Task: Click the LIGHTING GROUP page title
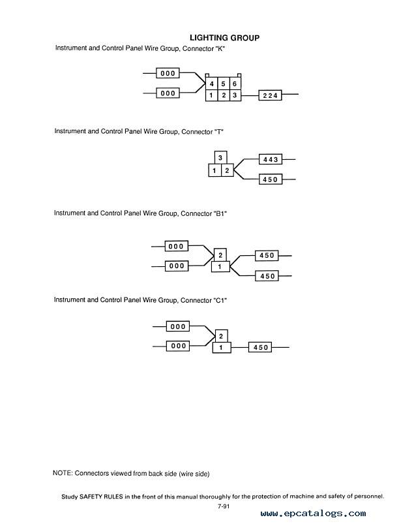point(224,38)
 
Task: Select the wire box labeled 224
point(270,95)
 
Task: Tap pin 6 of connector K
point(235,84)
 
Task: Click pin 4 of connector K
point(211,84)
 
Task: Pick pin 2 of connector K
point(224,95)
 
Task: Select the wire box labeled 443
point(271,159)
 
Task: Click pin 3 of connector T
point(220,158)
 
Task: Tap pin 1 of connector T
point(214,170)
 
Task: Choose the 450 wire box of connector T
point(271,179)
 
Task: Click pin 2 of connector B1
point(220,256)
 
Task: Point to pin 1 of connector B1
point(220,267)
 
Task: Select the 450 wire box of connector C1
point(260,348)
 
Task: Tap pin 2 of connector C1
point(221,336)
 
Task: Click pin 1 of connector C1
point(221,348)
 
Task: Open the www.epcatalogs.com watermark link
point(313,514)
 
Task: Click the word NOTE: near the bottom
point(63,473)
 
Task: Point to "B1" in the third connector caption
point(220,213)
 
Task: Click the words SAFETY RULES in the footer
point(101,497)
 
